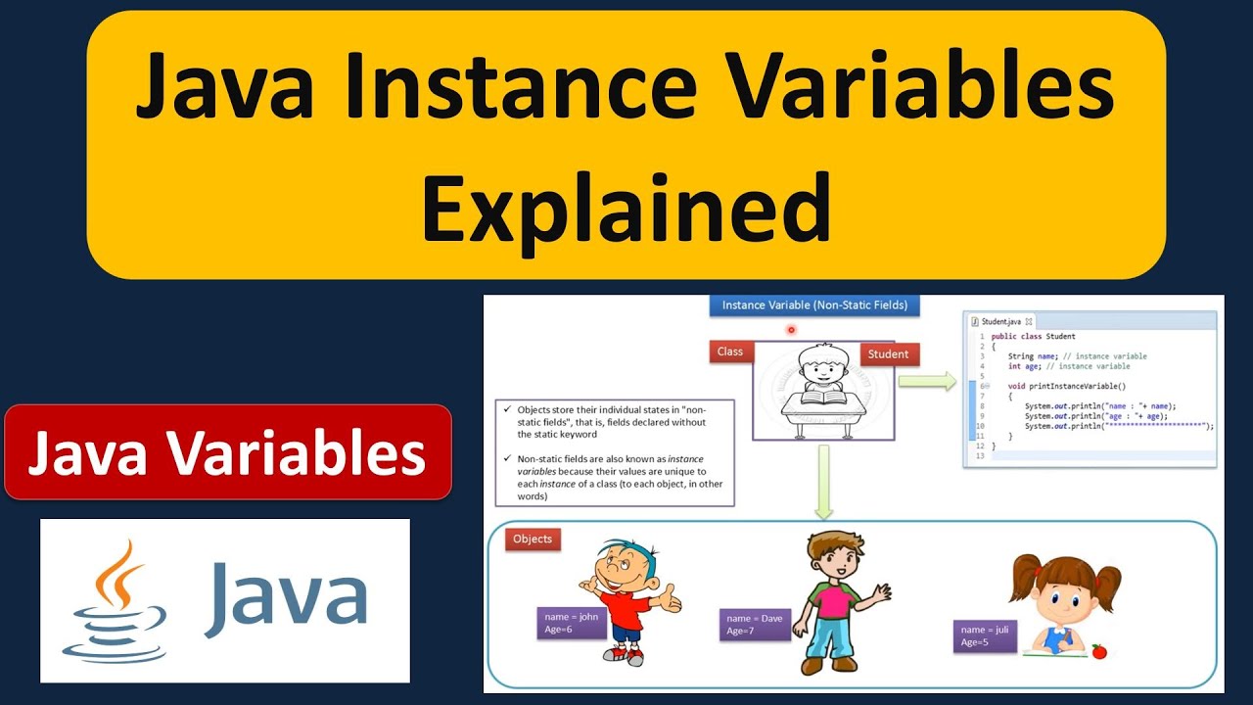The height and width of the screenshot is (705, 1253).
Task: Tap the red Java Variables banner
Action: (x=227, y=452)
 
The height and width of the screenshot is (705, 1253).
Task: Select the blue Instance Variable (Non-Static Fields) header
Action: (x=814, y=305)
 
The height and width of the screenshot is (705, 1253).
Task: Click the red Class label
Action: (x=730, y=352)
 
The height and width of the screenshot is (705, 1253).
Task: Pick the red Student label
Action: (x=888, y=354)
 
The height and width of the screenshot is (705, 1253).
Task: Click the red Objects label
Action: (x=533, y=540)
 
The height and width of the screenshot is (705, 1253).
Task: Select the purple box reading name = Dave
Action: (x=754, y=625)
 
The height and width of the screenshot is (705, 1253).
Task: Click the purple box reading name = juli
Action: (x=985, y=635)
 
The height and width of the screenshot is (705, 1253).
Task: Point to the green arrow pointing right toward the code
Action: (x=926, y=382)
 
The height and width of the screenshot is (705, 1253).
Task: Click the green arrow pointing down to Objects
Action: (x=823, y=481)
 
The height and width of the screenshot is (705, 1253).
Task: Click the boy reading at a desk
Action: (x=822, y=387)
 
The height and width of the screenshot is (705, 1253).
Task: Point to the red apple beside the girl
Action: (x=1098, y=650)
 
